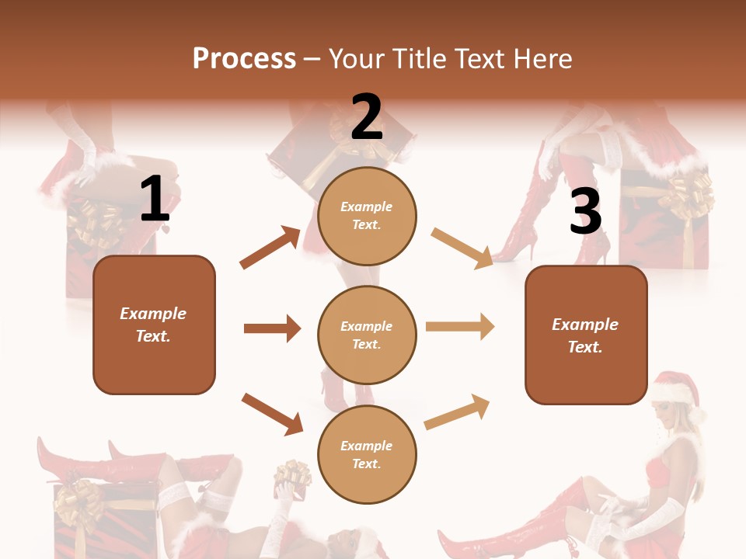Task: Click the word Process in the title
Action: click(x=244, y=59)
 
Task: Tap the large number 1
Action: click(x=155, y=200)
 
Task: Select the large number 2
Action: click(x=367, y=117)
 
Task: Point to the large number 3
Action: click(x=585, y=211)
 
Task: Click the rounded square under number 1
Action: click(x=154, y=325)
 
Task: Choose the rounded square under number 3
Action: click(x=586, y=335)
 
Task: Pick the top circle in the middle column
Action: click(x=367, y=216)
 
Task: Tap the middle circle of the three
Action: click(x=367, y=335)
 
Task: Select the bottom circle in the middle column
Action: click(x=367, y=454)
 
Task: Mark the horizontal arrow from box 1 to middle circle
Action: click(x=272, y=328)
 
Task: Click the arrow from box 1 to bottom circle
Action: click(x=272, y=414)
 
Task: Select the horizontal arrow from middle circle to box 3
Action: click(x=459, y=327)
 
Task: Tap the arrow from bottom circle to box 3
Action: click(x=457, y=411)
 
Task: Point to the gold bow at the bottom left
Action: click(x=78, y=501)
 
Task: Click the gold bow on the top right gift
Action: click(x=691, y=194)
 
